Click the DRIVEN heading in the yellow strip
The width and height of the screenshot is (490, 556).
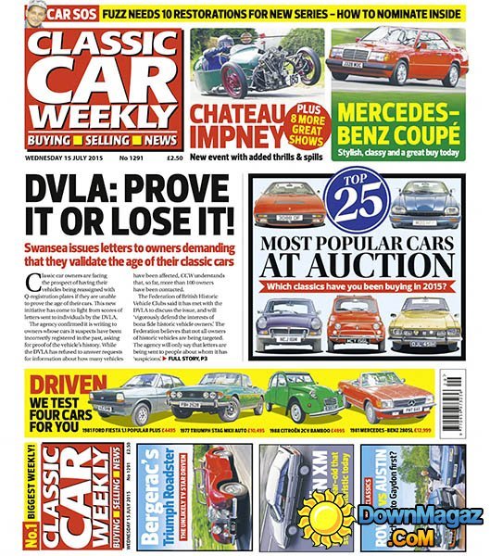(64, 386)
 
